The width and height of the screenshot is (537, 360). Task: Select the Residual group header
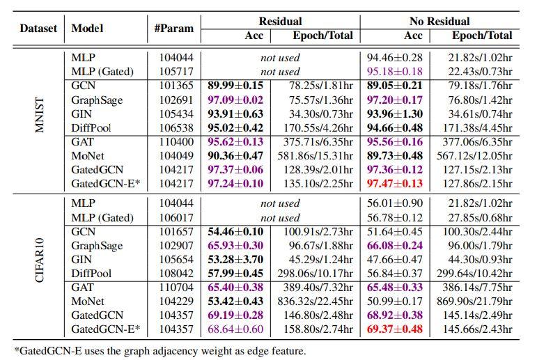point(280,21)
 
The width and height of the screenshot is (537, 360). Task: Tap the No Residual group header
point(439,21)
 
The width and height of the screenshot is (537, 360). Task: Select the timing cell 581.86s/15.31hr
point(312,156)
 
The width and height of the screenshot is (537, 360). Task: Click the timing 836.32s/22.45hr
point(312,301)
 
